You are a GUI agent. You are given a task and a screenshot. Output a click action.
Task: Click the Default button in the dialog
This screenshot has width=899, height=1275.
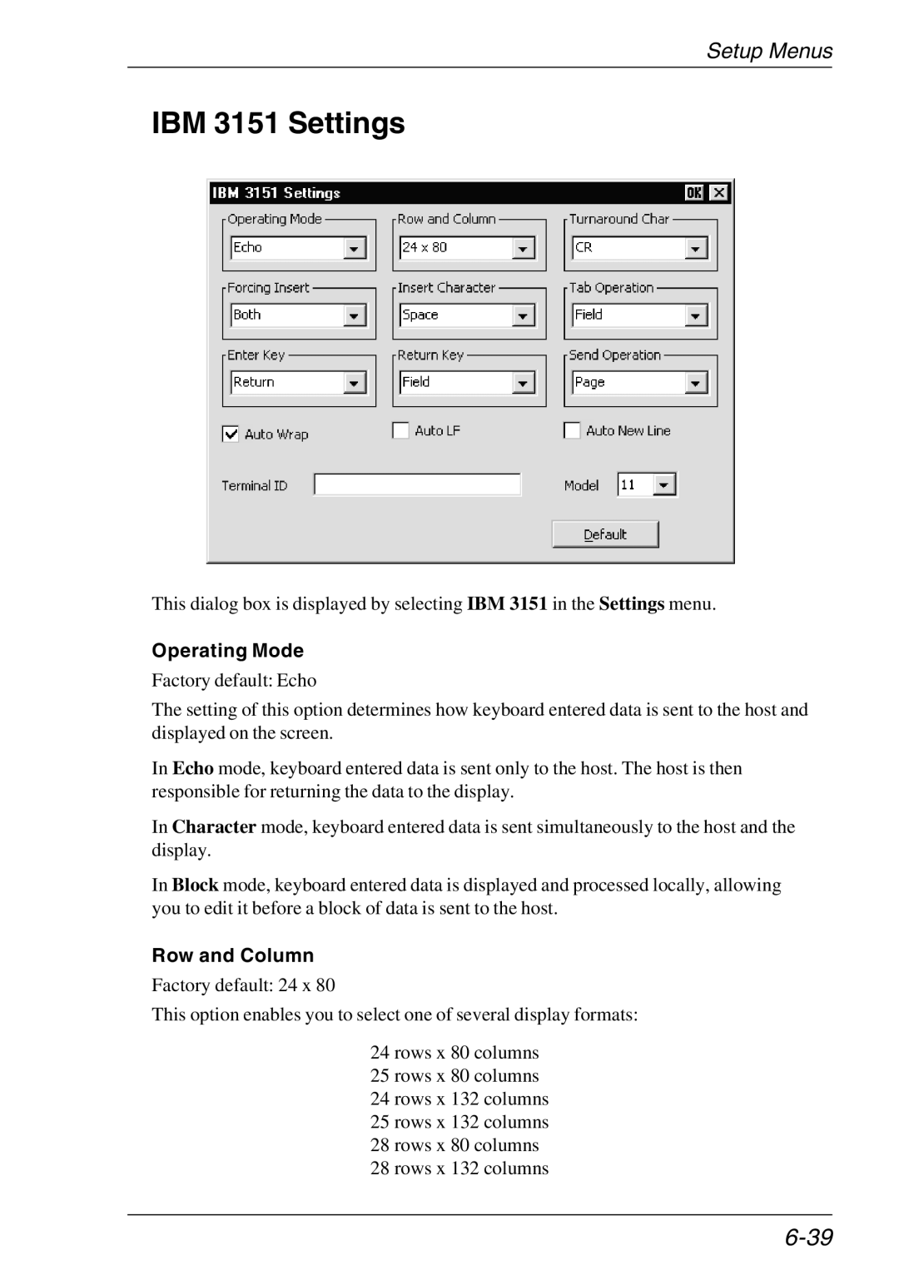coord(605,534)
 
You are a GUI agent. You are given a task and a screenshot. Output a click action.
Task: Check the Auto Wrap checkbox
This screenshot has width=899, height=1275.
coord(231,434)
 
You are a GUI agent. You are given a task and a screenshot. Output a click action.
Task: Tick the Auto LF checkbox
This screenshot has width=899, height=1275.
coord(401,430)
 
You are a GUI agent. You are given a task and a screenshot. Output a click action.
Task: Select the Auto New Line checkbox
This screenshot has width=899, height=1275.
coord(572,430)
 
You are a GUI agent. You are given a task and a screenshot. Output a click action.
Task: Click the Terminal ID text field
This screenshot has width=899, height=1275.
coord(417,484)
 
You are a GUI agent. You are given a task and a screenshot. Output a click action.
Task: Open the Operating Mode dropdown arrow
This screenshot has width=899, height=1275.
coord(355,248)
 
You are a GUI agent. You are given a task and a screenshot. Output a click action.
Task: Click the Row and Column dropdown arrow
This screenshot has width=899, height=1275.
coord(524,248)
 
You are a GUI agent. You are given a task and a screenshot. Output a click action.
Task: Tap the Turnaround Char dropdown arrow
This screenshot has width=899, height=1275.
coord(696,248)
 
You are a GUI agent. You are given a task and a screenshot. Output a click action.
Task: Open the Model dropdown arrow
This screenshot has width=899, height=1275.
coord(664,484)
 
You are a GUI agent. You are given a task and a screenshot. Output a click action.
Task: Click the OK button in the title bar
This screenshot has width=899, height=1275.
coord(694,193)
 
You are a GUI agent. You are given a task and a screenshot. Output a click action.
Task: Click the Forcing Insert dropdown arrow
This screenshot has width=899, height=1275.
coord(355,315)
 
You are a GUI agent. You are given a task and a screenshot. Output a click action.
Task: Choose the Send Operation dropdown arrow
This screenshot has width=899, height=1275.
coord(696,383)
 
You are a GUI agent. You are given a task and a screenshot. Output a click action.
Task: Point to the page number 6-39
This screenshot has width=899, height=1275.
coord(807,1238)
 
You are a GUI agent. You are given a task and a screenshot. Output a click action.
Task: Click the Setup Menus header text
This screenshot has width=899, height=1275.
coord(769,51)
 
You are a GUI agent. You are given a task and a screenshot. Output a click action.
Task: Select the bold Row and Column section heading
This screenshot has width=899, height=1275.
coord(233,955)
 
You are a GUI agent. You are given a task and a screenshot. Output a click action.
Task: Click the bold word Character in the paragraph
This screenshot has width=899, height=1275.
coord(214,826)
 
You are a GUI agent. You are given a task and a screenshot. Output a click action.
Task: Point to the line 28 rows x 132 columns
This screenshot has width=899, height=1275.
coord(459,1168)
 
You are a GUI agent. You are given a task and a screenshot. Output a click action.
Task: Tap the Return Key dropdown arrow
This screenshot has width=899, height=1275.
coord(524,383)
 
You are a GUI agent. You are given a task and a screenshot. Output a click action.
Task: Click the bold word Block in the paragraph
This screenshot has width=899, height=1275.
coord(195,885)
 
